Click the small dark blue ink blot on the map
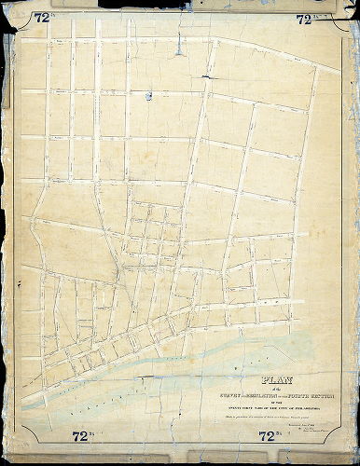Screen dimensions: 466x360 tap(146, 94)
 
